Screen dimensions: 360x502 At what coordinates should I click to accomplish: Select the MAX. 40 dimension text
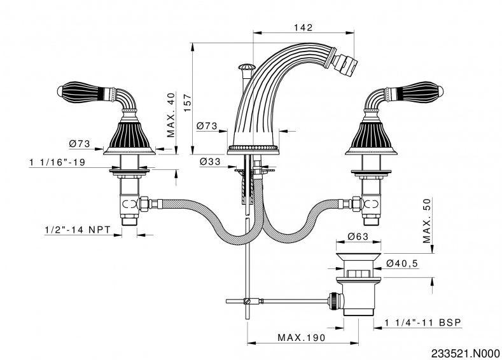click(x=171, y=114)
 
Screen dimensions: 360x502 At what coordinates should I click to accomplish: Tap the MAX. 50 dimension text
click(x=428, y=220)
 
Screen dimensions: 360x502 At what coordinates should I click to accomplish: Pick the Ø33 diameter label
click(x=209, y=162)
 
